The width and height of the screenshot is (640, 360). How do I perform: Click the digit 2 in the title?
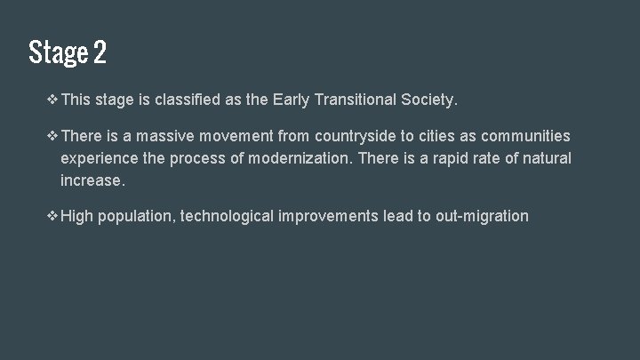tap(98, 53)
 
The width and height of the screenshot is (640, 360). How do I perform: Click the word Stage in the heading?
tap(57, 53)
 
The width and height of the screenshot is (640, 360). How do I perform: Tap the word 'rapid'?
tap(427, 158)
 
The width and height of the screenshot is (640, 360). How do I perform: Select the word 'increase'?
tap(92, 180)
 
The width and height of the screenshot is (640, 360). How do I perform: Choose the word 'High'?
tap(76, 215)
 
